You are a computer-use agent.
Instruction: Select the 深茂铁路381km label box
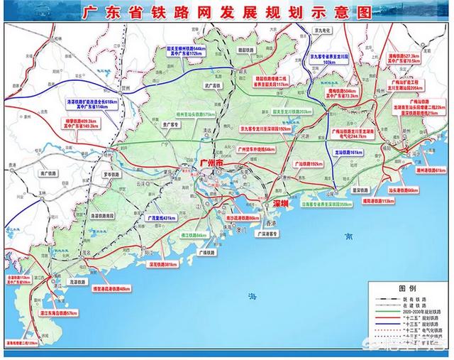click(x=162, y=265)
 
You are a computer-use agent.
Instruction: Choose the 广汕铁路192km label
click(x=307, y=164)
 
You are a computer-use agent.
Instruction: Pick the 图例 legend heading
click(x=406, y=289)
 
